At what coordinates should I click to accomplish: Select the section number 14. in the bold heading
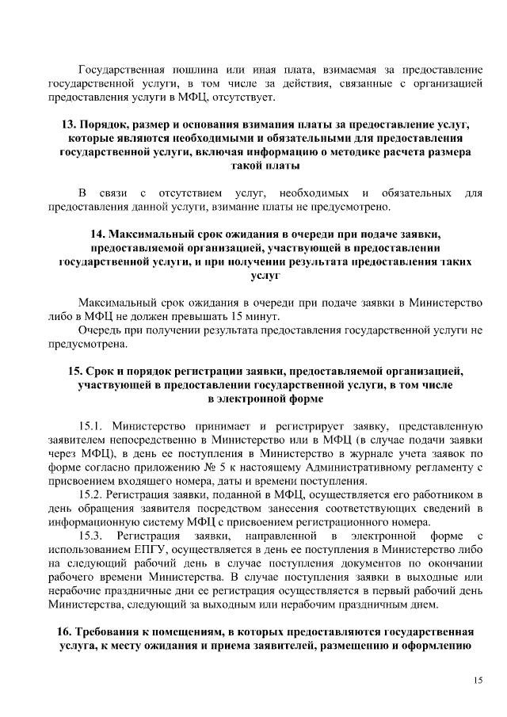98,235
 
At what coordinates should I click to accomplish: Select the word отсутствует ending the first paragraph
246,97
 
